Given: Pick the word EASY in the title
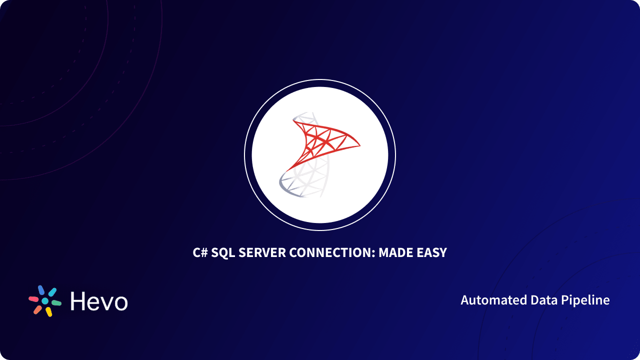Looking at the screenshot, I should pyautogui.click(x=432, y=252).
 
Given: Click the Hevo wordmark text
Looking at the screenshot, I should pyautogui.click(x=99, y=301).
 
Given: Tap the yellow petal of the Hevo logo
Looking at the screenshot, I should pyautogui.click(x=48, y=312).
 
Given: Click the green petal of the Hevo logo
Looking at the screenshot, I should pyautogui.click(x=56, y=303).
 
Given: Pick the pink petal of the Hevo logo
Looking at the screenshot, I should pyautogui.click(x=34, y=299).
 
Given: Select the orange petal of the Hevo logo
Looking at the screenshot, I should pyautogui.click(x=37, y=309).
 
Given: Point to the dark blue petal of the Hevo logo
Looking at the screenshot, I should pyautogui.click(x=41, y=290).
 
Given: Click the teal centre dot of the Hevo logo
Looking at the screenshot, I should pyautogui.click(x=45, y=301).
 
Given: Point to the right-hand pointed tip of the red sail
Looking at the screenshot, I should pyautogui.click(x=359, y=145).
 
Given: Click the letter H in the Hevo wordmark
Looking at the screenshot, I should pyautogui.click(x=78, y=301).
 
